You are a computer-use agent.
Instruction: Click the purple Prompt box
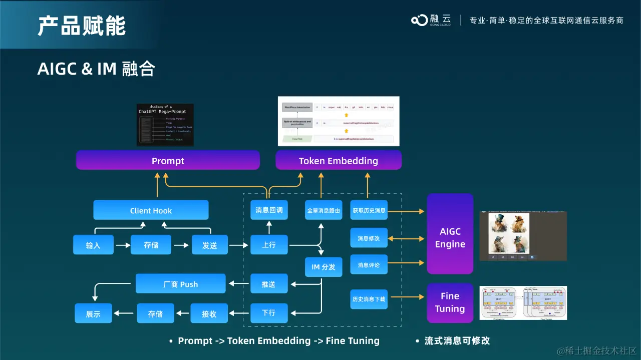[168, 160]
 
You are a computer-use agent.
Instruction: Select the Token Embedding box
[339, 160]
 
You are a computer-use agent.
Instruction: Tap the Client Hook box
[151, 210]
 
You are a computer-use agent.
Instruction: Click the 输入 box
[93, 245]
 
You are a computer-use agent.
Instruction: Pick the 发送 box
[209, 245]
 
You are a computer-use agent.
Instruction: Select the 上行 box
[269, 245]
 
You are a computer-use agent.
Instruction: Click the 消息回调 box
[269, 210]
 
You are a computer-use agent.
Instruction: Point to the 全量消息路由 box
[324, 210]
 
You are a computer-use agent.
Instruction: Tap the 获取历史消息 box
[369, 210]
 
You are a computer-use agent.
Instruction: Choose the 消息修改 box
[369, 238]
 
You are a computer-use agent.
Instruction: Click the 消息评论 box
[369, 264]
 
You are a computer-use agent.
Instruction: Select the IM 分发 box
[324, 267]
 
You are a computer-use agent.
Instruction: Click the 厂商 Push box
[180, 284]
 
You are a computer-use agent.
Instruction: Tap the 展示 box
[93, 313]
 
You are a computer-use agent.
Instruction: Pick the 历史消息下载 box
[369, 298]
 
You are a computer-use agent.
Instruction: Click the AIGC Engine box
[450, 238]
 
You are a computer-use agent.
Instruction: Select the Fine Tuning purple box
[450, 302]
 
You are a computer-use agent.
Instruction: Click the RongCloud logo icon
[419, 20]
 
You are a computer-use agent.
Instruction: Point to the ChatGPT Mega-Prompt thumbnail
[165, 125]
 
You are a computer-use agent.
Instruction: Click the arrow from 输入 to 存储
[122, 245]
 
